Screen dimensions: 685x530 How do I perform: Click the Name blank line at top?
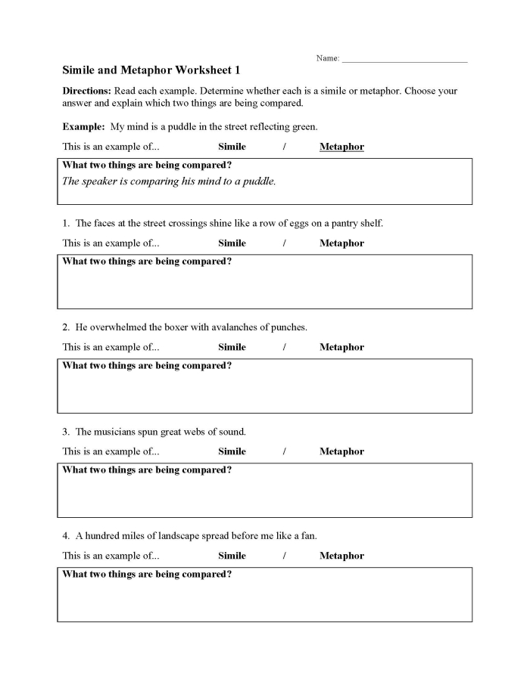[404, 60]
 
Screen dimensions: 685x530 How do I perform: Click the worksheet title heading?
[151, 70]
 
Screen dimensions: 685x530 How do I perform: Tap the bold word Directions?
[86, 91]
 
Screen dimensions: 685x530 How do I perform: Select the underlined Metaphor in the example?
[341, 147]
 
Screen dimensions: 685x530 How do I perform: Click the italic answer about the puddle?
[169, 181]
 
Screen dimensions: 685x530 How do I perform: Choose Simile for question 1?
[232, 243]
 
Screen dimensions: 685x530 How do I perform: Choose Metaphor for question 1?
[341, 243]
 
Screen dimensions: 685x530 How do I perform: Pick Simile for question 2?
[232, 348]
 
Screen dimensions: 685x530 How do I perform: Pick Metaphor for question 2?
[341, 348]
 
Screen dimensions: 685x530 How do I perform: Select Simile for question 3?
[232, 451]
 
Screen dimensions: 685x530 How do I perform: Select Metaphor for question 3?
[341, 451]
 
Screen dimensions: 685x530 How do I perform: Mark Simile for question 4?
[232, 556]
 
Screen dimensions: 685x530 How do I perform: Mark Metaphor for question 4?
[341, 556]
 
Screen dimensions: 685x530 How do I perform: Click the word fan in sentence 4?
[308, 536]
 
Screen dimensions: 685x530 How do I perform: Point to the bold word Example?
[83, 126]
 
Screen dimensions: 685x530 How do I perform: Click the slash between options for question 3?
[284, 451]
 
